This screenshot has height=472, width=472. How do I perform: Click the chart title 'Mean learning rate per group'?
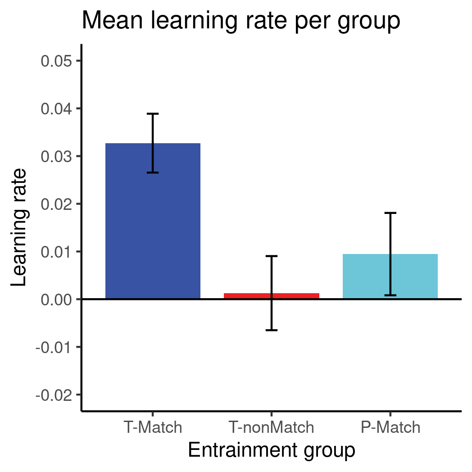point(241,21)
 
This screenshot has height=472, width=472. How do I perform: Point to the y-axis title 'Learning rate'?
point(19,227)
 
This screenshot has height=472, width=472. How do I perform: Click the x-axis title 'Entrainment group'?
point(271,450)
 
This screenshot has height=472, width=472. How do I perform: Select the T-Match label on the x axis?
point(153,427)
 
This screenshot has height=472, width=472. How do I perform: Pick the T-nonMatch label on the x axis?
point(271,427)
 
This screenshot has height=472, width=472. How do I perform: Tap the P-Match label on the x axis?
point(390,427)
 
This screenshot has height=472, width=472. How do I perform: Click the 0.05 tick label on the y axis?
point(56,61)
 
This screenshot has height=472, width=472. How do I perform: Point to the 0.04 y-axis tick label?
point(56,109)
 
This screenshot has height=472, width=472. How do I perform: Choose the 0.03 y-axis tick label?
point(56,156)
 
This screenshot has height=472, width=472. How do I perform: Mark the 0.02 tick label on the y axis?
point(56,204)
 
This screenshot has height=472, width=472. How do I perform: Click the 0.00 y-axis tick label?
point(56,300)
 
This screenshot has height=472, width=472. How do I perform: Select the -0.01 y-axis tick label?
point(54,347)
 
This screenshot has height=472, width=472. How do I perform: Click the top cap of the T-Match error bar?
point(153,114)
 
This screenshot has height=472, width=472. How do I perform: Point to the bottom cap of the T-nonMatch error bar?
point(271,330)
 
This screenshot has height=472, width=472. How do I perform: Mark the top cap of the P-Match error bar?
point(390,213)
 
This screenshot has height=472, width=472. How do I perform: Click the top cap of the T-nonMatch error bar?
point(271,256)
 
